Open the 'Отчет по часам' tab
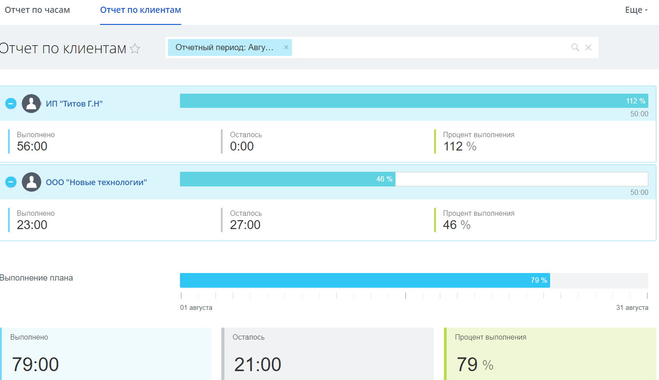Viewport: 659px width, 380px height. pyautogui.click(x=37, y=10)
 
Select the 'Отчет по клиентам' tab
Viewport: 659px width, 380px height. pyautogui.click(x=140, y=10)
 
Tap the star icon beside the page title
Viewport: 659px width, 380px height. pyautogui.click(x=135, y=48)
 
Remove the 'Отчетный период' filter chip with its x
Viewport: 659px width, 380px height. pyautogui.click(x=286, y=47)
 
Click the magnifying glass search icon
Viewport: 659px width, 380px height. pyautogui.click(x=575, y=47)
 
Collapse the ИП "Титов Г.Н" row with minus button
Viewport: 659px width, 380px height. pyautogui.click(x=11, y=103)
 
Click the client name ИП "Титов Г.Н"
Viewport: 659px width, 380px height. pyautogui.click(x=74, y=104)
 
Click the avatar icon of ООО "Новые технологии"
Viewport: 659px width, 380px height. pyautogui.click(x=32, y=182)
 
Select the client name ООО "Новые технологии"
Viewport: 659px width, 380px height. pyautogui.click(x=96, y=182)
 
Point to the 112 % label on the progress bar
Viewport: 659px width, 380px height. pyautogui.click(x=635, y=101)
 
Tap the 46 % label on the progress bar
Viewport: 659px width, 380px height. pyautogui.click(x=384, y=179)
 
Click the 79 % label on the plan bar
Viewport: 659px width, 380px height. pyautogui.click(x=539, y=281)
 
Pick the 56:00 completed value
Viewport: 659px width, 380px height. pyautogui.click(x=32, y=146)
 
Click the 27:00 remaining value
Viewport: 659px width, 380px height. pyautogui.click(x=245, y=225)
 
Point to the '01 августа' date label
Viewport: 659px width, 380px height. pyautogui.click(x=196, y=308)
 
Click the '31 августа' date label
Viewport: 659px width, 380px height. pyautogui.click(x=632, y=308)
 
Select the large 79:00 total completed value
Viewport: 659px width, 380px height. pyautogui.click(x=36, y=364)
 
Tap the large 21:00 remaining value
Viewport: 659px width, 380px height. pyautogui.click(x=258, y=364)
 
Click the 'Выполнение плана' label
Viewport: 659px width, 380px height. pyautogui.click(x=36, y=278)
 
